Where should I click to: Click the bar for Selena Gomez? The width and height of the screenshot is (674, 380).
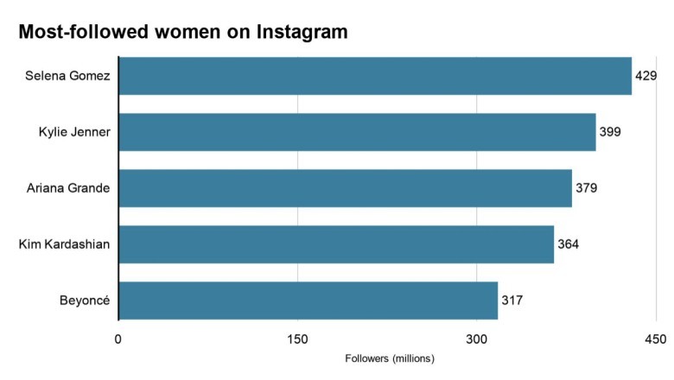click(x=375, y=76)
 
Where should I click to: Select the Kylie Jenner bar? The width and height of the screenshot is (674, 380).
click(x=357, y=132)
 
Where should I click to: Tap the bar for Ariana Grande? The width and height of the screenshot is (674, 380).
click(x=345, y=188)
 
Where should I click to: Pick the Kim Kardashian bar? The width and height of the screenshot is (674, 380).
click(x=336, y=244)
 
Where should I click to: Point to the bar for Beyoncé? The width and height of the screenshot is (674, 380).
click(x=308, y=301)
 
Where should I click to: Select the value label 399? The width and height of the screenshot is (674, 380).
click(x=610, y=132)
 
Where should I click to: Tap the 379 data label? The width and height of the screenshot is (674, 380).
click(x=586, y=188)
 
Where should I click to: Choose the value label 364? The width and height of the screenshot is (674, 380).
click(x=568, y=244)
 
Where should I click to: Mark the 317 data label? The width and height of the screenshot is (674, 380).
click(x=512, y=301)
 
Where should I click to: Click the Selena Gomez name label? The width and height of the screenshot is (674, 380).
click(x=68, y=76)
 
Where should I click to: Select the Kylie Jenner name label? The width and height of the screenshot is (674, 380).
click(x=73, y=132)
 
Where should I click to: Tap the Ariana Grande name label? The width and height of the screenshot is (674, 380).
click(x=68, y=188)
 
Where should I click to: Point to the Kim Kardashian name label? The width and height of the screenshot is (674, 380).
click(x=65, y=244)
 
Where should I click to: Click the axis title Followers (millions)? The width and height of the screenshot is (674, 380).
click(x=389, y=358)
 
